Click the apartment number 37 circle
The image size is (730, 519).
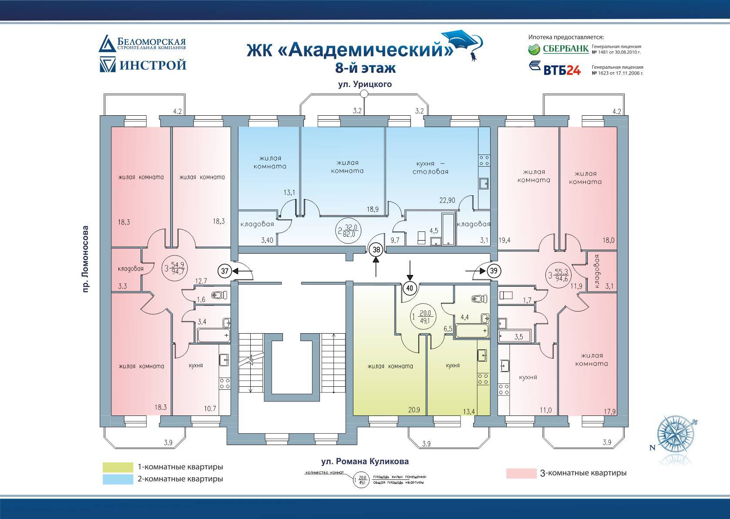click(x=225, y=271)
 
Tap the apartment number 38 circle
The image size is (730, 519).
click(x=377, y=250)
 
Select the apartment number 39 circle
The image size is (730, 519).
click(x=494, y=271)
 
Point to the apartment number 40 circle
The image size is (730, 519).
click(x=410, y=288)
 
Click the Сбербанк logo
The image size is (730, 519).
click(x=558, y=48)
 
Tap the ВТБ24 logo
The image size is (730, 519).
click(x=555, y=69)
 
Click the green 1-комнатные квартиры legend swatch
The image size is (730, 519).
click(x=118, y=467)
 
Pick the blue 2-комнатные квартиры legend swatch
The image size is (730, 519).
click(x=118, y=479)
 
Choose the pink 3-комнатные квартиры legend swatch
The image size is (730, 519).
click(x=521, y=473)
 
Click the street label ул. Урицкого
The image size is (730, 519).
click(x=365, y=84)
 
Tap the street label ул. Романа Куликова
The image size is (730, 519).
click(x=362, y=461)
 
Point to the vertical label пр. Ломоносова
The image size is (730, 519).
click(x=85, y=258)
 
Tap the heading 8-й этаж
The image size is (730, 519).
click(x=365, y=68)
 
